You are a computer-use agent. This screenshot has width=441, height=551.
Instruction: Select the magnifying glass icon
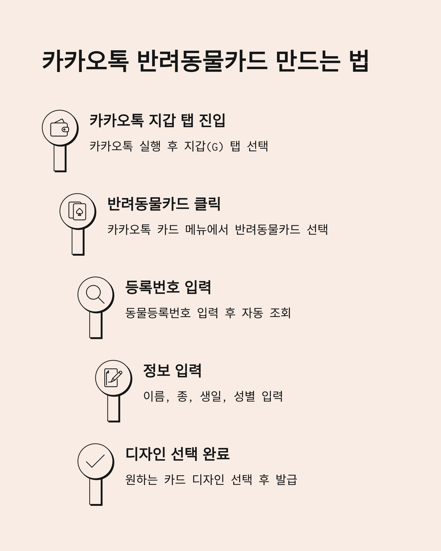tap(95, 294)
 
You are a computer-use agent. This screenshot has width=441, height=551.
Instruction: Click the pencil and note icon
tap(113, 378)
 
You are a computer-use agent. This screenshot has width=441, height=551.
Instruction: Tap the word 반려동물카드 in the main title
tap(202, 61)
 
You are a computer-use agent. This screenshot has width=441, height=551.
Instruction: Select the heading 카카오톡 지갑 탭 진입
tap(157, 121)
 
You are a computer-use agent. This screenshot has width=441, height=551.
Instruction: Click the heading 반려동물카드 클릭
tap(164, 204)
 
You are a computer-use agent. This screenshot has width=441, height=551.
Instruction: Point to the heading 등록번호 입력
tap(168, 287)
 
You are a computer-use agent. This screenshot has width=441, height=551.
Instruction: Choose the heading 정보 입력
tap(172, 371)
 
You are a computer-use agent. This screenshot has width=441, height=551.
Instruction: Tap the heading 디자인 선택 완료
tap(178, 454)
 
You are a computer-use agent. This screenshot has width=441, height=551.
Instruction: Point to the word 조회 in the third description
tap(280, 313)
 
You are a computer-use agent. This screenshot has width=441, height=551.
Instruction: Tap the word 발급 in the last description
tap(286, 479)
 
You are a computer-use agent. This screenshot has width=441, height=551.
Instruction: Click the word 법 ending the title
tap(360, 61)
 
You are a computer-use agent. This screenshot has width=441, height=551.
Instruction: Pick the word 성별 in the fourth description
tap(244, 396)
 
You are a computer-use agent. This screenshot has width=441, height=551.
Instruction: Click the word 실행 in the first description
tap(150, 146)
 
